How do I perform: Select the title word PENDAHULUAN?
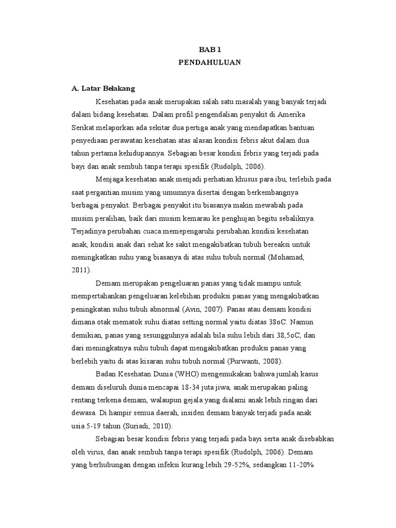pyautogui.click(x=209, y=62)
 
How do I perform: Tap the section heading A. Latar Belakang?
pyautogui.click(x=103, y=89)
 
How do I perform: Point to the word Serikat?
pyautogui.click(x=82, y=127)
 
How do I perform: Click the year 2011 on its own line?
pyautogui.click(x=81, y=269)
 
